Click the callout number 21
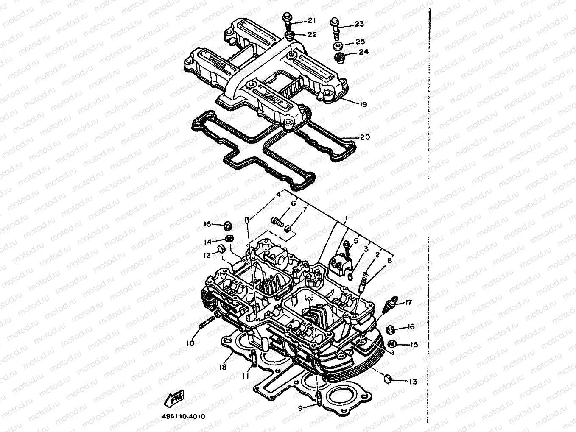312,21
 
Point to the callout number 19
362,104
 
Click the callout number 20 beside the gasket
365,137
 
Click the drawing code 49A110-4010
183,416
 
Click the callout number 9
300,408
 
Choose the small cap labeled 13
387,378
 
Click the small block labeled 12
221,248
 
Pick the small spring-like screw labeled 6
277,221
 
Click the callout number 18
223,367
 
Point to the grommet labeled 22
291,36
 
